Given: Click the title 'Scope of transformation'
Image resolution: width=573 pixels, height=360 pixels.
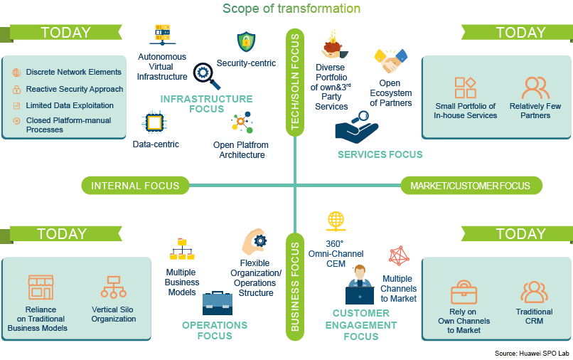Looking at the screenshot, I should [x=291, y=9].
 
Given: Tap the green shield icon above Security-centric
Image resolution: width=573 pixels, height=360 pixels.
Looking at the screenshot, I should [x=246, y=42].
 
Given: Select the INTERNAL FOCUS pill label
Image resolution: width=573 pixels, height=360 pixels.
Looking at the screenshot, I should [x=135, y=186].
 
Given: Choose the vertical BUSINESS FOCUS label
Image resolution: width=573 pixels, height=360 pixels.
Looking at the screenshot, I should [x=294, y=284].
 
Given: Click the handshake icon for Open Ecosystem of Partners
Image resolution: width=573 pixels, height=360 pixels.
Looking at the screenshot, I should [x=390, y=61].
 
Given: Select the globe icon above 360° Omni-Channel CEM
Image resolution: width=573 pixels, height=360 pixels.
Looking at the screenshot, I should [x=336, y=221].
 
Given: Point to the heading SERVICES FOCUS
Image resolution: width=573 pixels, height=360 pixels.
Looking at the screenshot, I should [x=380, y=154].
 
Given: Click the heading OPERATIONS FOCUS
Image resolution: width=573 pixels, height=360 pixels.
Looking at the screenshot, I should [x=215, y=330].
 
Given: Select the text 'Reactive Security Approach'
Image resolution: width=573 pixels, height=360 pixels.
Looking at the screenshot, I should [x=75, y=89].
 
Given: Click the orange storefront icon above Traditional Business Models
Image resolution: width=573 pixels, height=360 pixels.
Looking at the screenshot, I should [x=41, y=286].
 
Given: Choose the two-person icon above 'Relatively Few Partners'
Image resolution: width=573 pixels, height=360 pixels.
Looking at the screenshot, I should [x=535, y=88].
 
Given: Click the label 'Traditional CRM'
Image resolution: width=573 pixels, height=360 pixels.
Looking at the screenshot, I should [x=534, y=317].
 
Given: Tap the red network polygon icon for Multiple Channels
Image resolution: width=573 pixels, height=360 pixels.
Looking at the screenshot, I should [x=400, y=256].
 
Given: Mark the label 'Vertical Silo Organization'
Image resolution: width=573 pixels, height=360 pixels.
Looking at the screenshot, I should [x=114, y=314].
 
